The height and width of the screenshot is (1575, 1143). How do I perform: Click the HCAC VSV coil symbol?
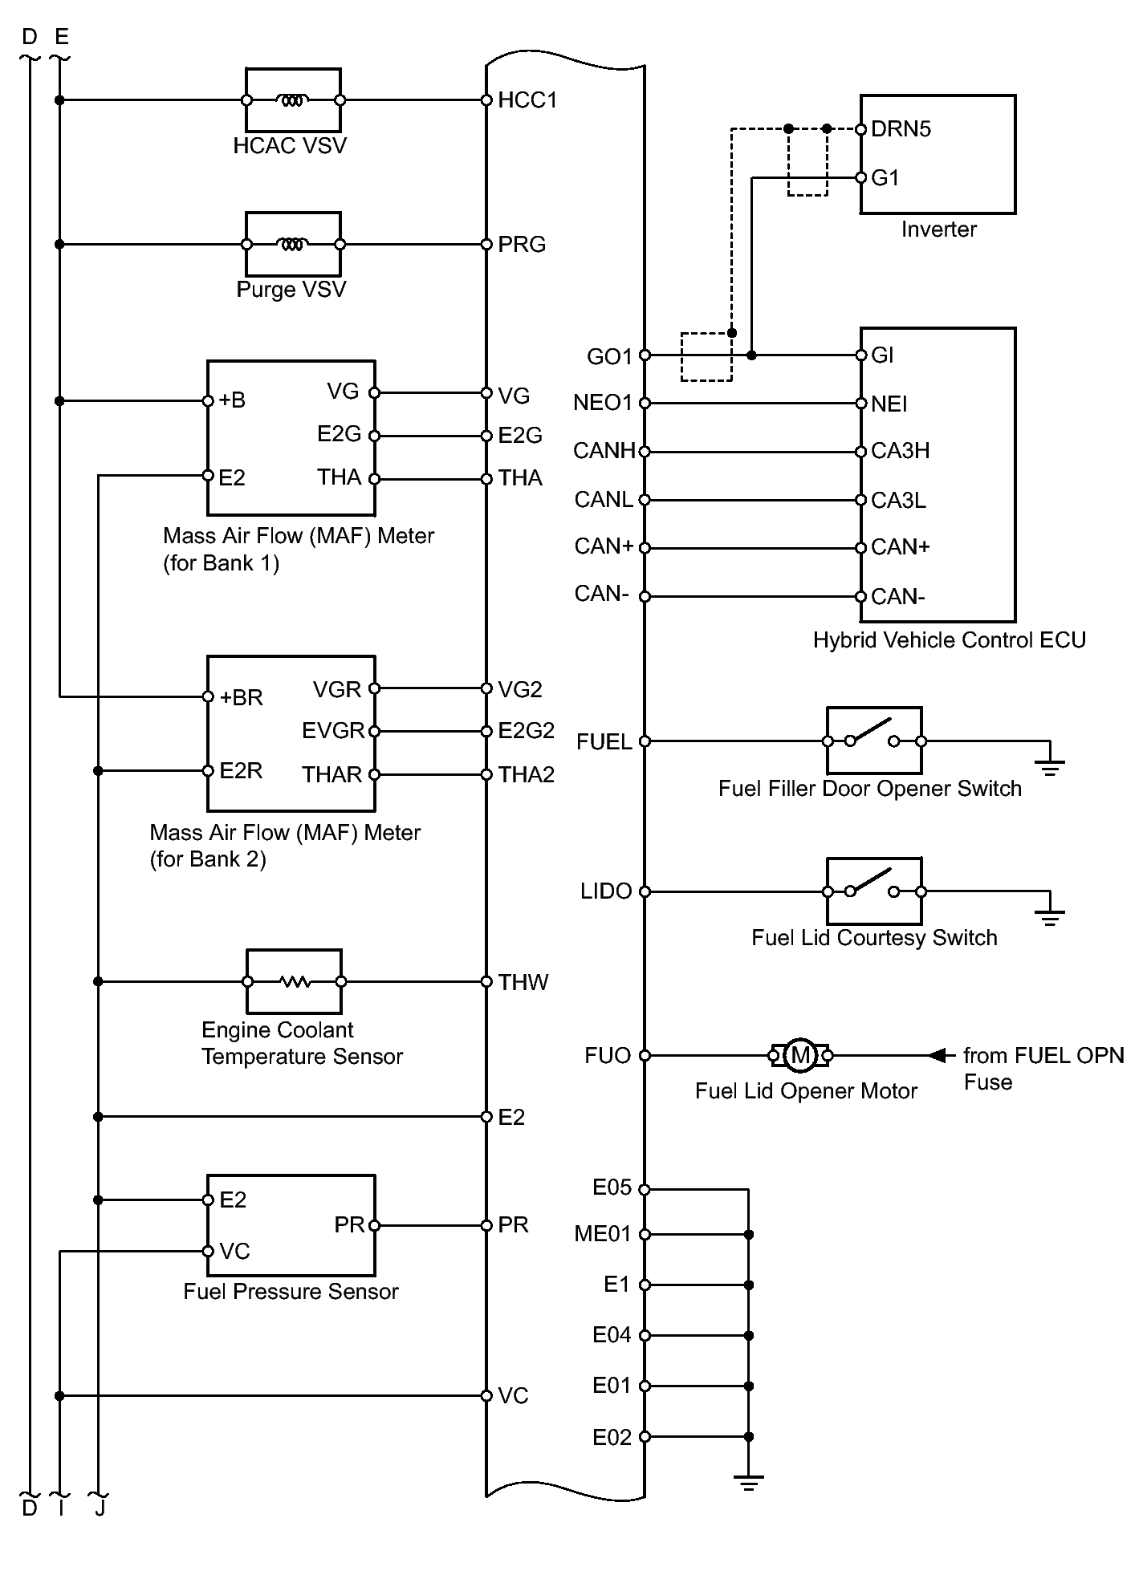coord(292,100)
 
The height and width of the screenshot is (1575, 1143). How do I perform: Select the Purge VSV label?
coord(291,289)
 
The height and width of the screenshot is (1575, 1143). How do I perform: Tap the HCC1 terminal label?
coord(527,100)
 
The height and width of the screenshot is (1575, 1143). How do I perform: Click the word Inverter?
coord(938,229)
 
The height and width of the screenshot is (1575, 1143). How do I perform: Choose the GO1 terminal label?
coord(609,357)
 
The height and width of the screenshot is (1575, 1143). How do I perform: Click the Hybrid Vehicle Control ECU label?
coord(949,640)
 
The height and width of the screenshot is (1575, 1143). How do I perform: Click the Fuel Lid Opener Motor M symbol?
coord(799,1055)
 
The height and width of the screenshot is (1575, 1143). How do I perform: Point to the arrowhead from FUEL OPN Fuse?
coord(937,1055)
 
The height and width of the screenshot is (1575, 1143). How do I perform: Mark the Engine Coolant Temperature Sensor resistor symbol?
coord(294,981)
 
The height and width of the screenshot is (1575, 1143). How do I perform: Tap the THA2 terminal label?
coord(527,775)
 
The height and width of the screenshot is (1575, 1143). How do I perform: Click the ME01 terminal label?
coord(602,1234)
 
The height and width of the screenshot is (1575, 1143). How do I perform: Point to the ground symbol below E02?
coord(748,1483)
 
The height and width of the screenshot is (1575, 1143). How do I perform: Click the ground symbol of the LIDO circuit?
coord(1049,917)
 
